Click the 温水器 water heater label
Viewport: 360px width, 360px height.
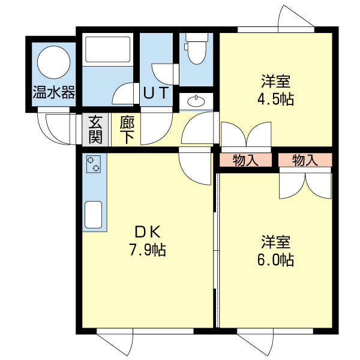click(53, 92)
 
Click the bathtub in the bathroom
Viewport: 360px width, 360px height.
click(107, 51)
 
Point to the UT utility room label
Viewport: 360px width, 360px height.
click(157, 94)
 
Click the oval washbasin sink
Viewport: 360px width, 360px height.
click(196, 101)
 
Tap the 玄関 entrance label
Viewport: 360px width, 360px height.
click(95, 130)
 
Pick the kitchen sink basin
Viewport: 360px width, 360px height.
click(94, 215)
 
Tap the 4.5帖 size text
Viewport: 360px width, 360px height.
click(275, 99)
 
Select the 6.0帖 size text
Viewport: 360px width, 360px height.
click(275, 261)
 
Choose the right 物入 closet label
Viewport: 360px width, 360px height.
click(305, 160)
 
